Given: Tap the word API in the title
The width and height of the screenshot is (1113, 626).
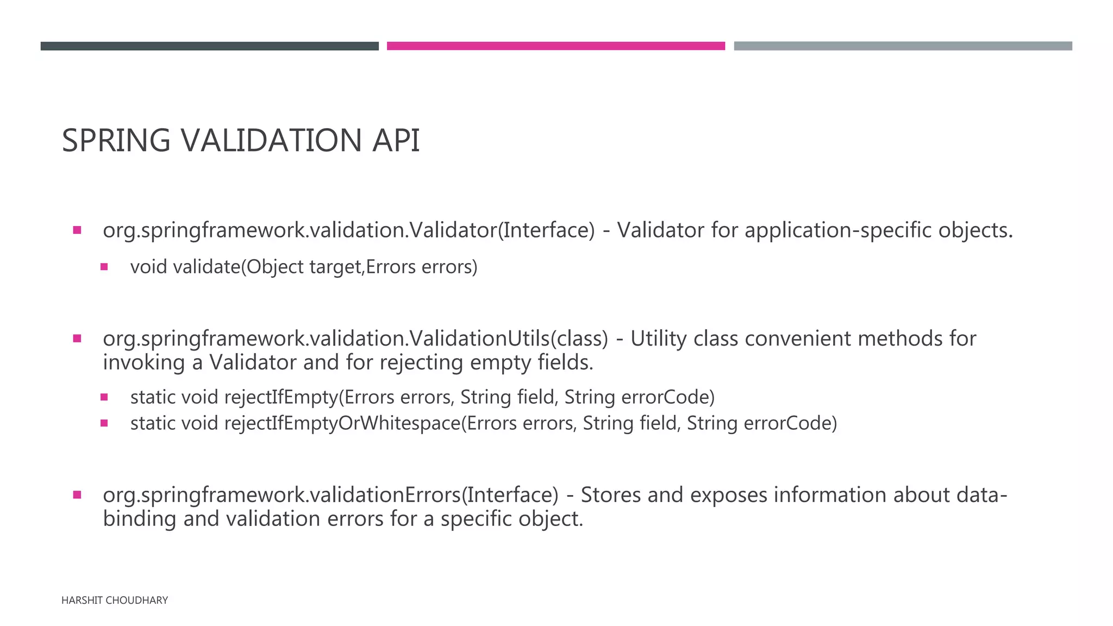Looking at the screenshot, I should click(x=396, y=140).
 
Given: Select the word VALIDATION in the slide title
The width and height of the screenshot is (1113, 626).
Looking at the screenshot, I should click(x=271, y=140).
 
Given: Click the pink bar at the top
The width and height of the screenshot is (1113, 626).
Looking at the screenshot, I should click(x=555, y=46).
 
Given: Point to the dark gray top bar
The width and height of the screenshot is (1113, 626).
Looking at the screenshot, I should click(x=209, y=46).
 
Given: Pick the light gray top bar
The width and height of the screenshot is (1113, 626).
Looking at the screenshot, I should click(x=903, y=46).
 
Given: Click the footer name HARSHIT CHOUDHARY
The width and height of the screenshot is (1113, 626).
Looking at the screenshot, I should click(x=115, y=600).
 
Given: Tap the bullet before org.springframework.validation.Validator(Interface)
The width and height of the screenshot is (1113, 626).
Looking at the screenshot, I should click(x=77, y=230).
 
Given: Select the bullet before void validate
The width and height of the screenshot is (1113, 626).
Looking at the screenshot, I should click(x=104, y=267).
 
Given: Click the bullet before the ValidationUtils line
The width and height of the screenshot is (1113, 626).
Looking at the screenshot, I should click(x=77, y=339).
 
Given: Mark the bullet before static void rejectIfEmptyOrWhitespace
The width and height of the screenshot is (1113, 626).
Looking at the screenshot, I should click(x=104, y=423).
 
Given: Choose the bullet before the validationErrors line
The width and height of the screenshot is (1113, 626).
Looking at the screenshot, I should click(x=77, y=494).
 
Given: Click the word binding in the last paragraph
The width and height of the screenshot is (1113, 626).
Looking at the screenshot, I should click(x=139, y=519).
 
